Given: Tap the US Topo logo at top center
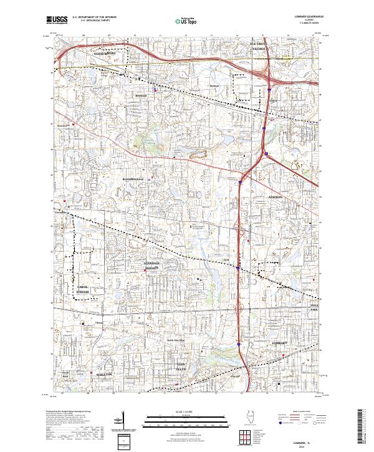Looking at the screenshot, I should coord(187,21).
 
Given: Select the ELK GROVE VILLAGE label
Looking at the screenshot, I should coord(259,46).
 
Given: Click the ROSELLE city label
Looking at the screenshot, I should coord(140,97).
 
